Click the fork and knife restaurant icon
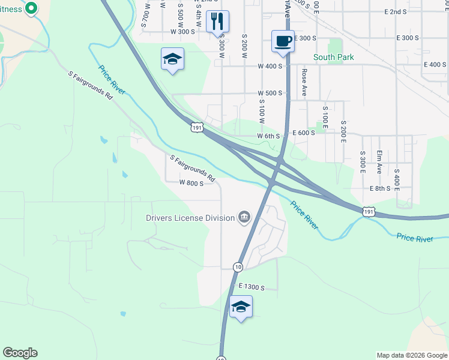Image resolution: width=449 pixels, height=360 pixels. (217, 21)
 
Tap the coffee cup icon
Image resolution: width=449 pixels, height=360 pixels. (283, 41)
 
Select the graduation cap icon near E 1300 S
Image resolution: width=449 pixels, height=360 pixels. (241, 307)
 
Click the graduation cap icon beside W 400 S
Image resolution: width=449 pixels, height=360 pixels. (172, 59)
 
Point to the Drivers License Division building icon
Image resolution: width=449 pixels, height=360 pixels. (244, 217)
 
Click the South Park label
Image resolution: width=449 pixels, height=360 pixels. (333, 57)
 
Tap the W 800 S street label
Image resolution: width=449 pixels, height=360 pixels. (191, 183)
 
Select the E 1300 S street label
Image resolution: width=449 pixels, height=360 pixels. (252, 287)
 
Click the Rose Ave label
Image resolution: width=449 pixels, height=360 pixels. (304, 82)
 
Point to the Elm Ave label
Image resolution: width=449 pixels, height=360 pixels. (379, 161)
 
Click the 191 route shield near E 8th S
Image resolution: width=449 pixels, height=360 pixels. (369, 212)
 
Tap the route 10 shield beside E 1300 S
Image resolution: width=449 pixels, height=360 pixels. (238, 267)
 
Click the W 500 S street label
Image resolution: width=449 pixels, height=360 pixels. (270, 93)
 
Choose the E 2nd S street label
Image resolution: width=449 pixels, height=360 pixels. (400, 12)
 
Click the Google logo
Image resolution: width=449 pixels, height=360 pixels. (20, 353)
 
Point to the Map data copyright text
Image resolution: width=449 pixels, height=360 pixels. (411, 355)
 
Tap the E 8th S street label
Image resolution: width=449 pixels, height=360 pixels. (380, 188)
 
